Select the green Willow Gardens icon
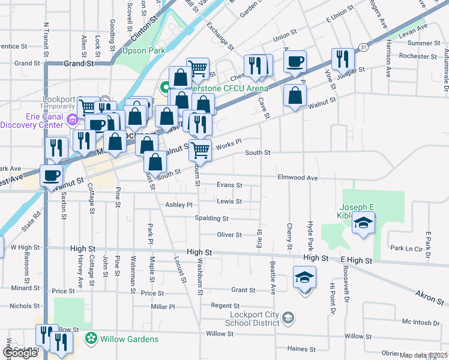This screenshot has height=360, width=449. pos(91,339)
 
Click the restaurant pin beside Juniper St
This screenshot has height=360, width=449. pos(343,59)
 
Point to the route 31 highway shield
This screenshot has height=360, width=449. pos(364,46)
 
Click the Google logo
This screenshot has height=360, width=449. pos(20,352)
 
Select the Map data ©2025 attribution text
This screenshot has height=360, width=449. pos(424,355)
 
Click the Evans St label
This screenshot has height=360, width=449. pos(229,185)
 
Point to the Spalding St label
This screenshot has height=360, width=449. pos(212,218)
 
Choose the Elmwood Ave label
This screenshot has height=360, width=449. pos(297,178)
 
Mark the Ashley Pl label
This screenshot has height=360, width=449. pos(178,205)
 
